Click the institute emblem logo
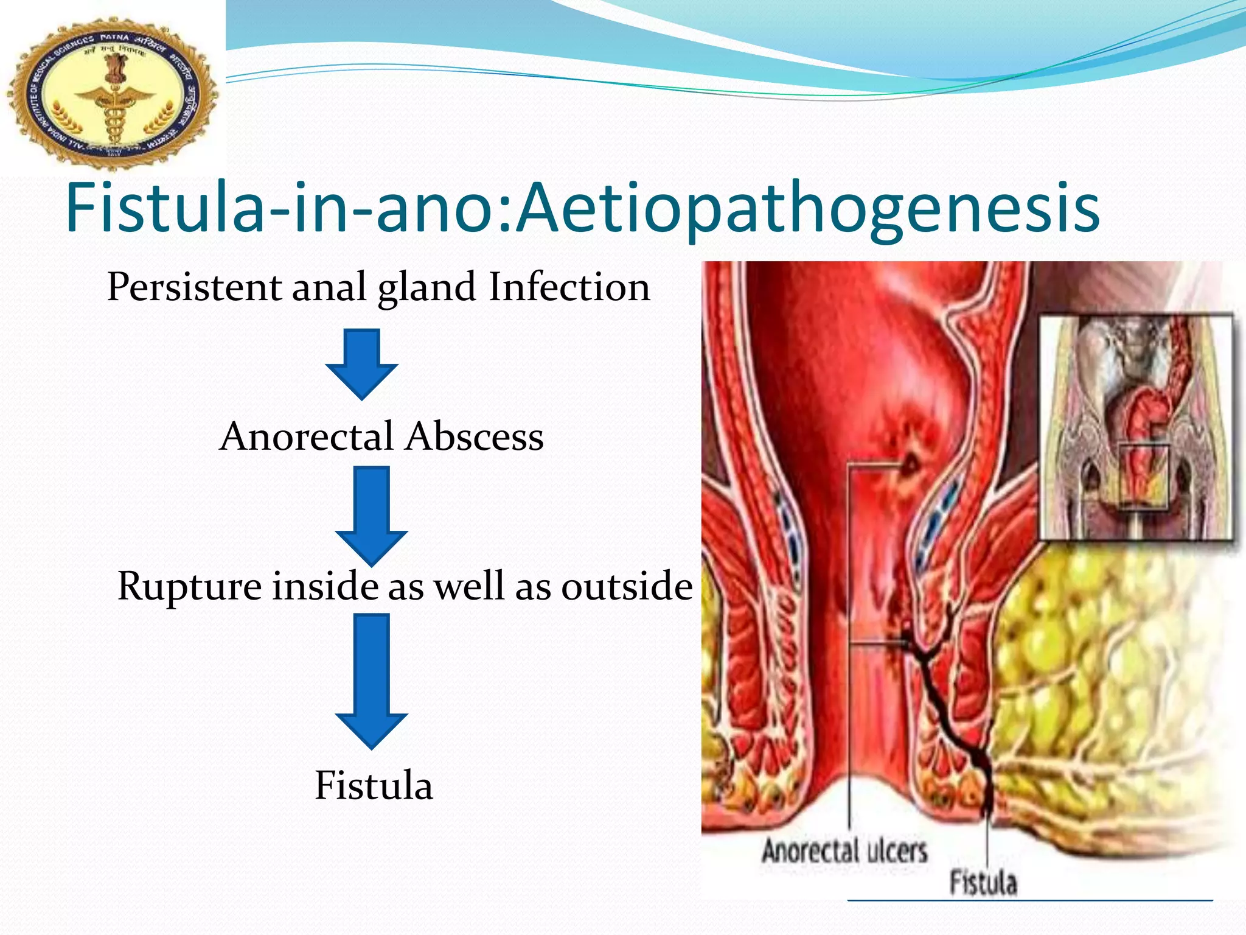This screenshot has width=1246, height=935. click(x=113, y=91)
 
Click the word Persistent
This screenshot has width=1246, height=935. click(x=194, y=287)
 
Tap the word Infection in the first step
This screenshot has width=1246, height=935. click(x=569, y=287)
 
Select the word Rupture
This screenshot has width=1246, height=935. click(x=189, y=586)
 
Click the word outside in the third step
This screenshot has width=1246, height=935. click(x=627, y=586)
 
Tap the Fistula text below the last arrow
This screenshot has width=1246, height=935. click(x=374, y=785)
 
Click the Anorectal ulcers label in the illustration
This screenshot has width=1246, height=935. click(x=844, y=851)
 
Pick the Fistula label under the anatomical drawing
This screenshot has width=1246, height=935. click(x=983, y=883)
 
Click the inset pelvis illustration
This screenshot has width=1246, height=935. click(x=1135, y=426)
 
